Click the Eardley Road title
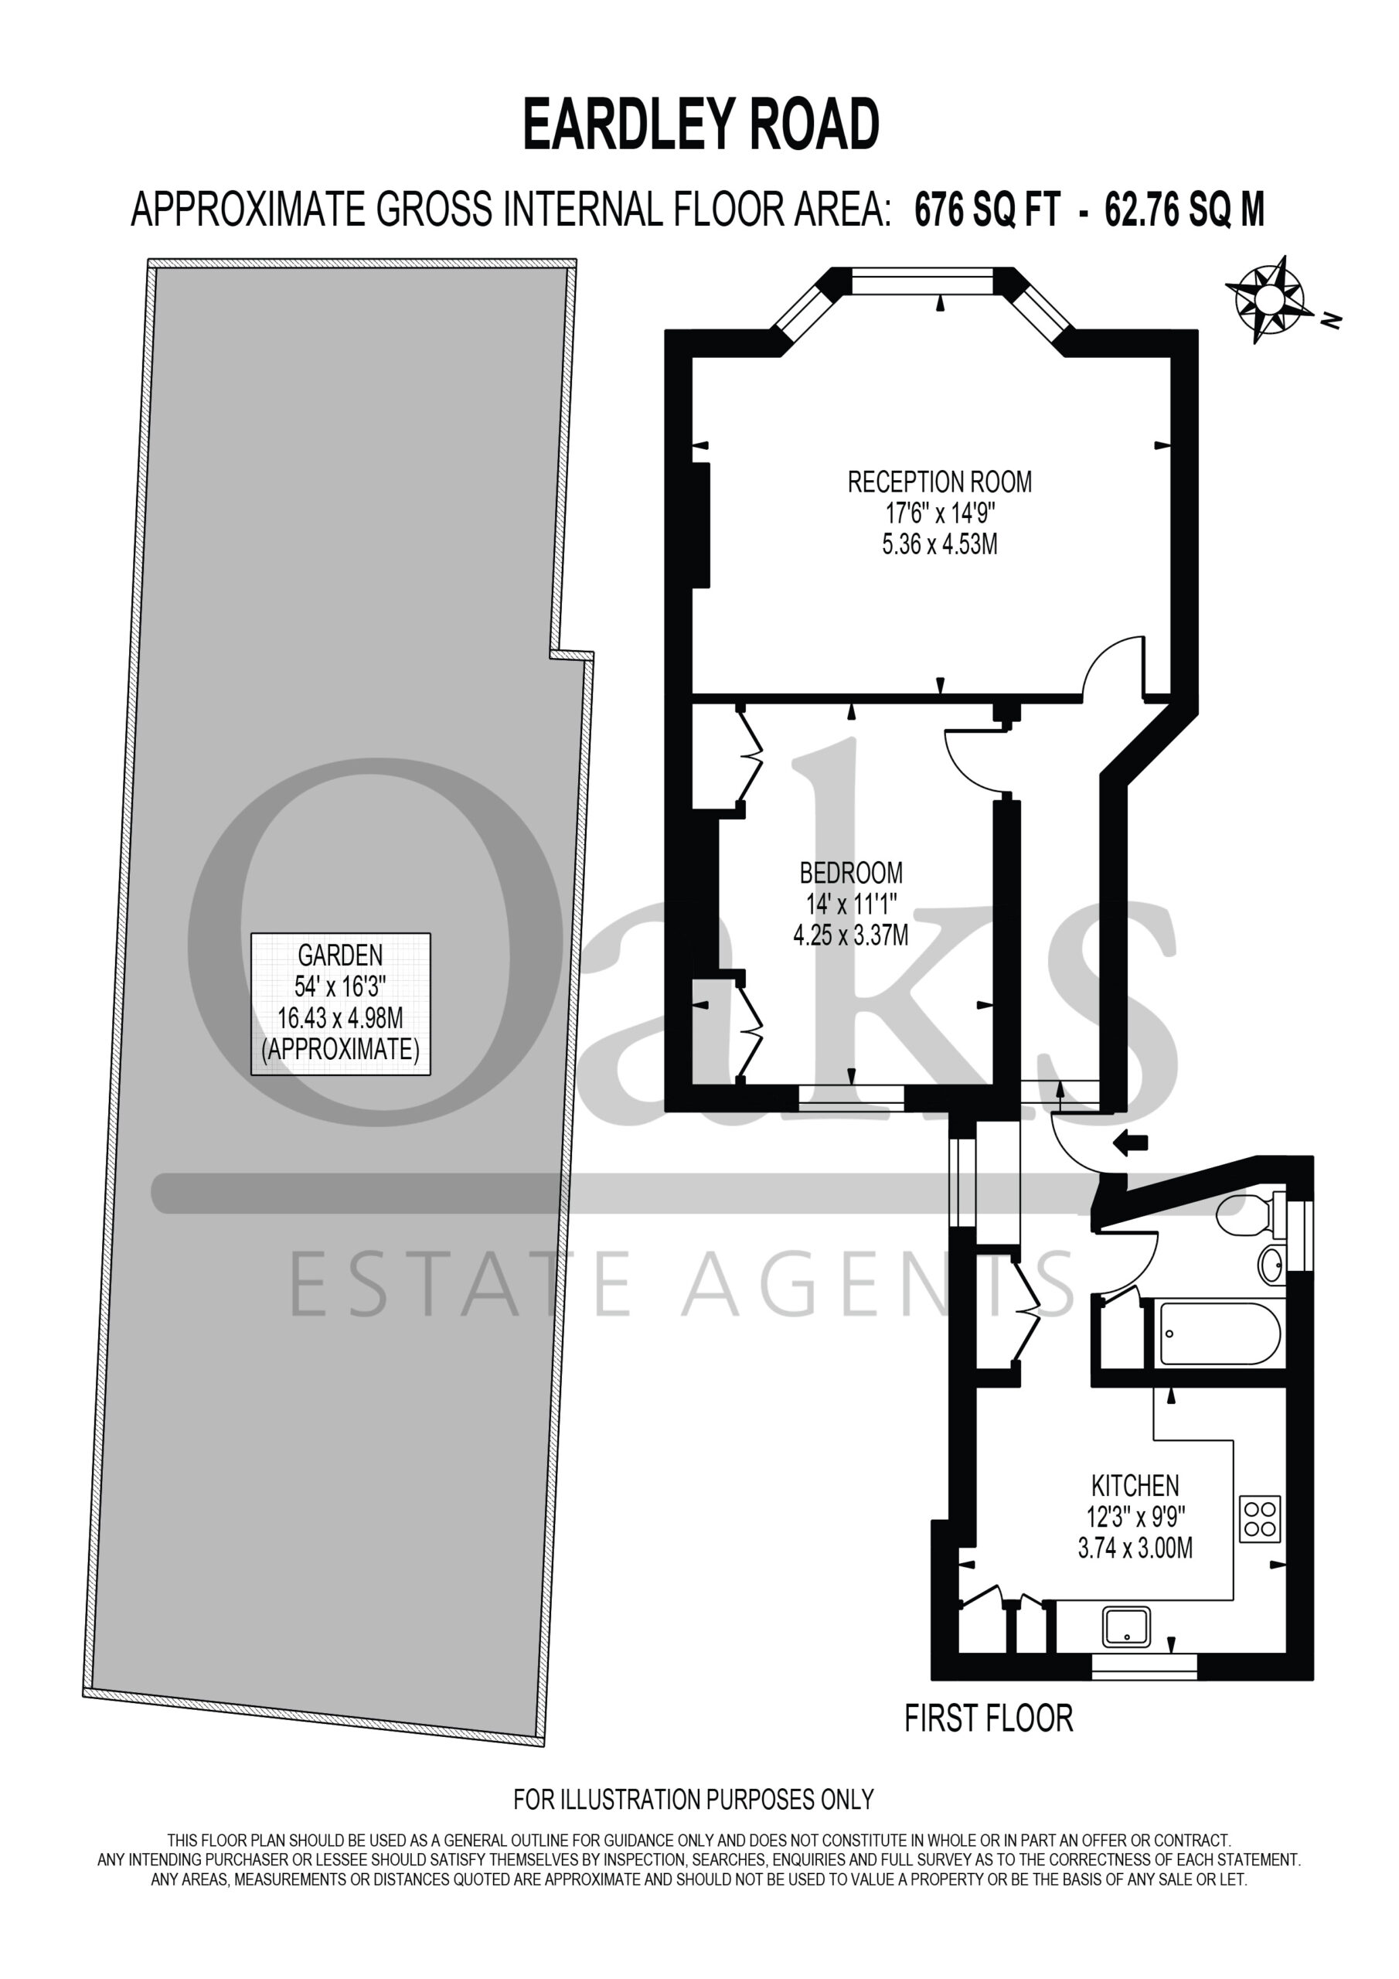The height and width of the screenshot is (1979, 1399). click(x=701, y=125)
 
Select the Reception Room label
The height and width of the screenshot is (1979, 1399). click(x=940, y=482)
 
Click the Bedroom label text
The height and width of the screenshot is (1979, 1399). click(x=851, y=873)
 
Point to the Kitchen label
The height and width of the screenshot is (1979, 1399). click(x=1135, y=1486)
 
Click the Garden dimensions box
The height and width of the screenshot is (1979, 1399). click(x=341, y=1003)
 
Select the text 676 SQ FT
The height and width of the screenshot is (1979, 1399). click(x=986, y=209)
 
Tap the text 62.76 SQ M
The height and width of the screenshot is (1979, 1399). click(x=1184, y=209)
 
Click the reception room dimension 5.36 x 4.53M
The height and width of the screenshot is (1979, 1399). click(x=940, y=545)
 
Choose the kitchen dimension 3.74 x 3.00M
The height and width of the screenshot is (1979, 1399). click(x=1135, y=1548)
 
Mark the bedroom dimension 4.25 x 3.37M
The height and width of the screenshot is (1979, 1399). click(x=851, y=935)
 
